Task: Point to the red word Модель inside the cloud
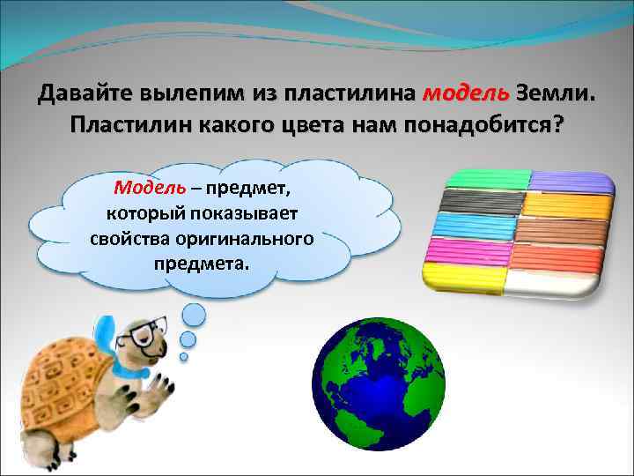[149, 188]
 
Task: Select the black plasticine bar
[482, 204]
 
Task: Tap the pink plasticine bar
[471, 255]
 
